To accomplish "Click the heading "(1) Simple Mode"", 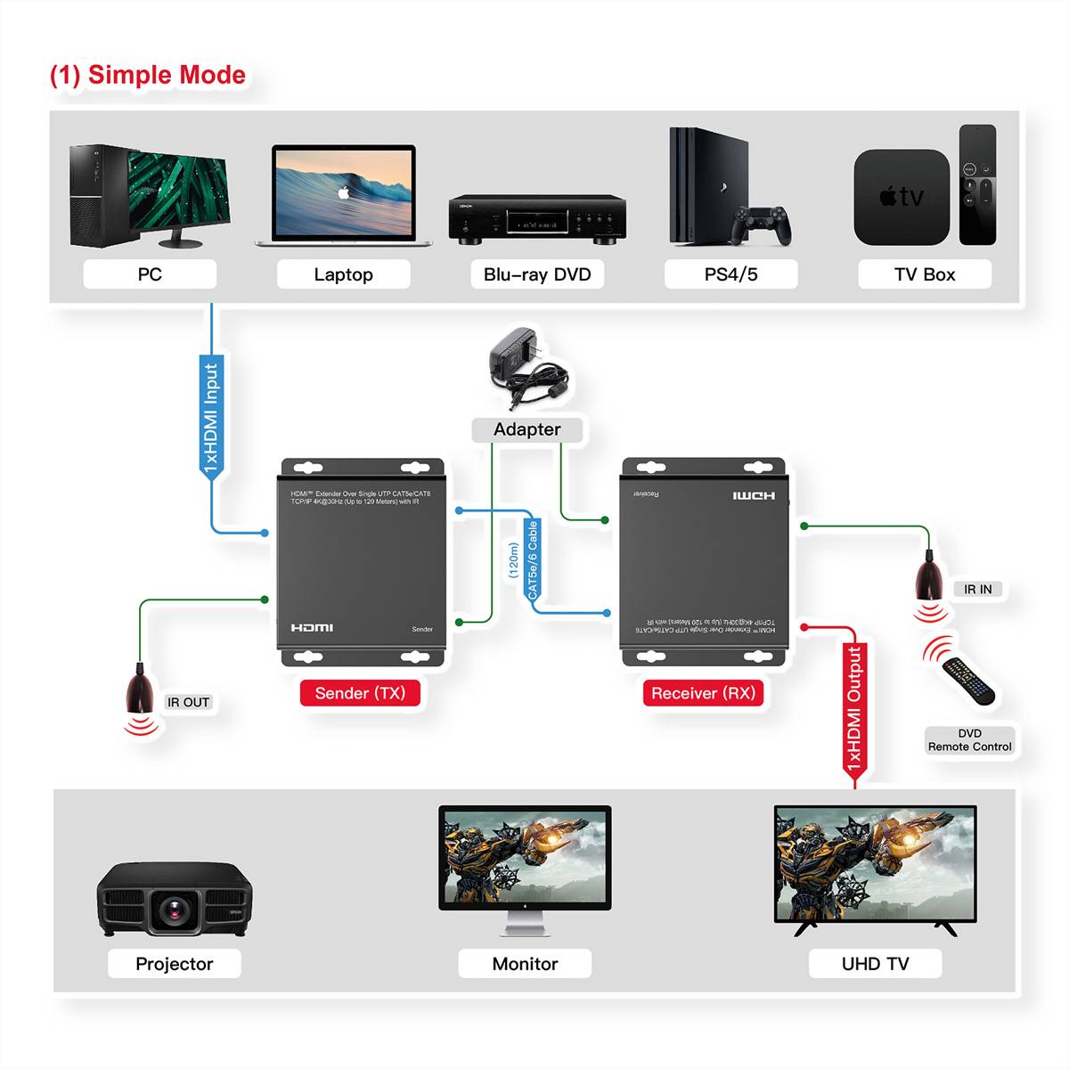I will tap(148, 75).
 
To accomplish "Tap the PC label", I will tap(150, 274).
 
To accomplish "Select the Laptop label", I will tap(343, 274).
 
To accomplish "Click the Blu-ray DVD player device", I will tap(536, 218).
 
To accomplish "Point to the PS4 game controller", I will tap(762, 224).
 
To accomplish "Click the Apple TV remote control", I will tap(977, 184).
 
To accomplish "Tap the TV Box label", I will tap(924, 274).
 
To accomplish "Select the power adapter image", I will tap(526, 365).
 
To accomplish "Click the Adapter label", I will tap(527, 429).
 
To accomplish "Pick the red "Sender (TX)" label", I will tap(360, 693).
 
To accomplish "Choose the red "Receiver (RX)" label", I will tap(703, 693).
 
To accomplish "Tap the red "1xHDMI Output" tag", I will tap(854, 708).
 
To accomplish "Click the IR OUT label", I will tap(188, 702).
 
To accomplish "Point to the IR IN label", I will tap(977, 589).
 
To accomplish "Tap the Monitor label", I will tap(525, 964).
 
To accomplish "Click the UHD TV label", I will tap(875, 964).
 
